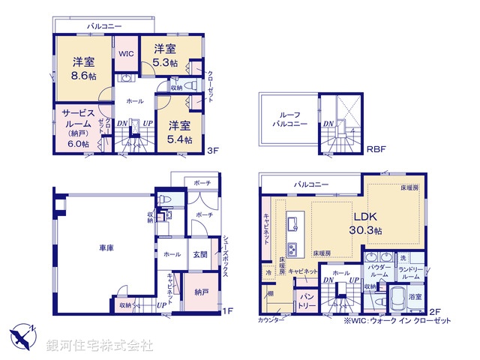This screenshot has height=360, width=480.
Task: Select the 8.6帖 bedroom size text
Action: point(84,76)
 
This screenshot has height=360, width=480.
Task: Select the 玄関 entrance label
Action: point(199,255)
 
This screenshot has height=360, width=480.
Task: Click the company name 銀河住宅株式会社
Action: point(100,346)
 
